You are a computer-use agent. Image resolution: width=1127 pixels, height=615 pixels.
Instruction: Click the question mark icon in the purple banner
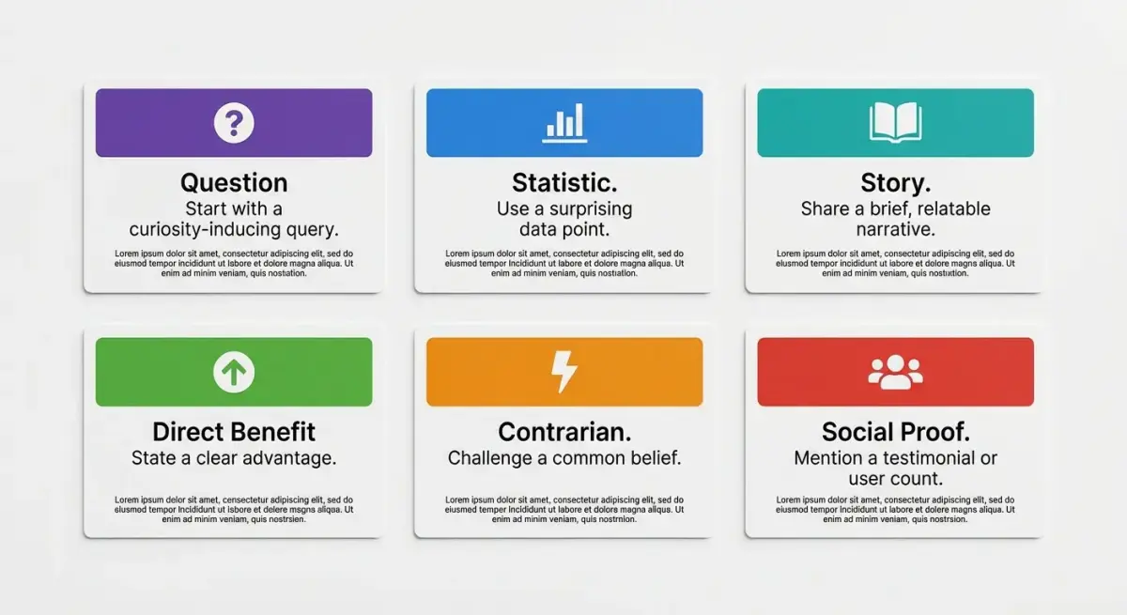click(x=234, y=123)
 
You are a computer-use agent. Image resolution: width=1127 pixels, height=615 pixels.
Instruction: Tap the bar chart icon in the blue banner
click(x=564, y=123)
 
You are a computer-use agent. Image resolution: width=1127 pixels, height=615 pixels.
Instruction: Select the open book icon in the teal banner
click(x=895, y=123)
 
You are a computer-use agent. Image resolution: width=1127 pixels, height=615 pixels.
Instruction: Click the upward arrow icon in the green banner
click(x=234, y=373)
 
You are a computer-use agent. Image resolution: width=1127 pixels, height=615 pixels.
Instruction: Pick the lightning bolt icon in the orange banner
click(x=563, y=373)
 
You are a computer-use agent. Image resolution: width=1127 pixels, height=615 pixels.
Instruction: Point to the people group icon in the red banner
click(x=895, y=373)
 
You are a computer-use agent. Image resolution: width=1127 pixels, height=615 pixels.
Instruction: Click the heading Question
click(x=234, y=182)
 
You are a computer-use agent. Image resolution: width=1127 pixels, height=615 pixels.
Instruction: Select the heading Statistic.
click(x=564, y=182)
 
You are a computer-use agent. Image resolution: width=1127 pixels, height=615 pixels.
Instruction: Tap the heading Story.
click(x=895, y=182)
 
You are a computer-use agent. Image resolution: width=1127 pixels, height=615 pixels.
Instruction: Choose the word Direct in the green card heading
click(x=189, y=432)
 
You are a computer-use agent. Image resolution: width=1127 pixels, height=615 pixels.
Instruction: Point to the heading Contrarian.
click(x=564, y=432)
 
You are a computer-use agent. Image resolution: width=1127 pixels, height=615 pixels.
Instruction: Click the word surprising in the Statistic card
click(x=589, y=208)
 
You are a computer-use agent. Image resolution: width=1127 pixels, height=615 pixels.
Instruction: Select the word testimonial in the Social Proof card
click(x=922, y=458)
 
